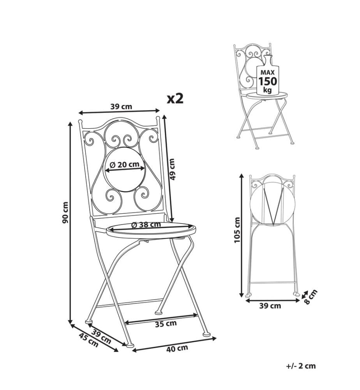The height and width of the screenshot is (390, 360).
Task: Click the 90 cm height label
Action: tap(65, 212)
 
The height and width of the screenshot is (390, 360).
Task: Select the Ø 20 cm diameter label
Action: tap(124, 165)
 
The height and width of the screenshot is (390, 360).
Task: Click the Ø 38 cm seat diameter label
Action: tap(146, 225)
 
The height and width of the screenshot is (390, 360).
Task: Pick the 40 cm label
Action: tap(177, 348)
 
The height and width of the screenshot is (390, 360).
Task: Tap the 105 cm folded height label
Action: tap(237, 230)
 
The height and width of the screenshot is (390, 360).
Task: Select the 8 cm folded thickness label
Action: tap(311, 297)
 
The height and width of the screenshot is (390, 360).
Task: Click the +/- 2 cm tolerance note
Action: tap(301, 366)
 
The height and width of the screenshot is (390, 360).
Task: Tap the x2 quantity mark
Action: tap(175, 99)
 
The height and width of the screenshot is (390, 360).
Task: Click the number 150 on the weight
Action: tap(268, 81)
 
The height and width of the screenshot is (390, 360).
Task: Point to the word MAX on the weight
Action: tap(268, 73)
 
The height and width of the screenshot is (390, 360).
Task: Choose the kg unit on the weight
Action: tap(268, 90)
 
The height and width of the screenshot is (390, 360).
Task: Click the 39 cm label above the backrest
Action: tap(121, 107)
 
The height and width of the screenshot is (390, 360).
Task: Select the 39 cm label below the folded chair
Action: tap(270, 306)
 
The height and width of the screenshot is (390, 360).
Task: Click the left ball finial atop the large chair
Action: tap(80, 122)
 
